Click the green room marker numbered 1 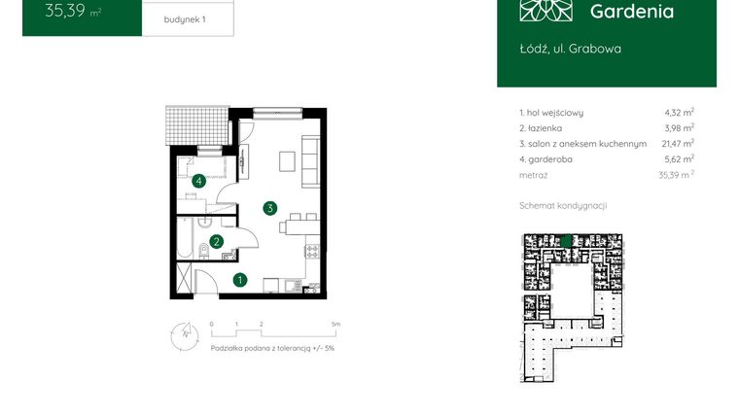(240, 281)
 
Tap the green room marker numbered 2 (217, 242)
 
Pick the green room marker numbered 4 (198, 180)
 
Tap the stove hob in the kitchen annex (313, 252)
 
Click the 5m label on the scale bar (334, 323)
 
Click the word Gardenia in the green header (631, 12)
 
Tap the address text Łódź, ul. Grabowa (570, 48)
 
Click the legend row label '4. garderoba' (548, 158)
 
